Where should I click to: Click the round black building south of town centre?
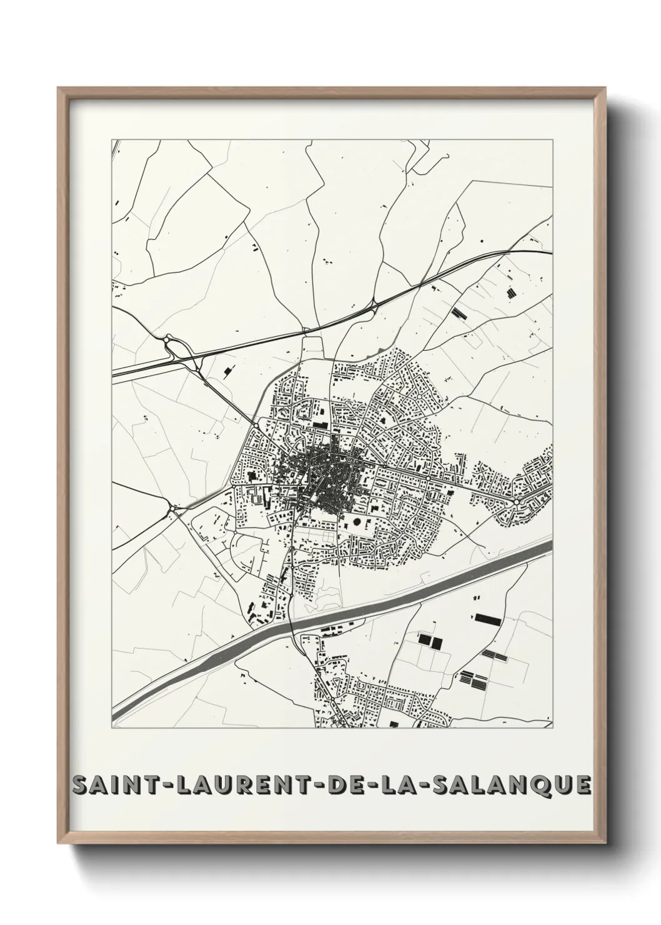[x=357, y=521]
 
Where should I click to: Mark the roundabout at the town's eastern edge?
[x=517, y=501]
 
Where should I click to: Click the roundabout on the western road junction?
[x=171, y=510]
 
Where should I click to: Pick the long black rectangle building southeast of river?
[x=488, y=619]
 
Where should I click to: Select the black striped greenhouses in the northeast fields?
[x=459, y=312]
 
